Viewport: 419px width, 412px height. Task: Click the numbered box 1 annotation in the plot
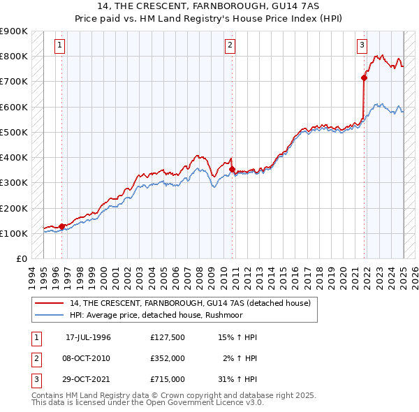coord(60,46)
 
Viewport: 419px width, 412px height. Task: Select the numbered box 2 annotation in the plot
coord(230,46)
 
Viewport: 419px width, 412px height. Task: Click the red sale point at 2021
coord(364,78)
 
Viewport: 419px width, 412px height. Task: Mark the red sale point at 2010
coord(232,169)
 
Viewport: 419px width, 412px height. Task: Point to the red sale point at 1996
coord(62,226)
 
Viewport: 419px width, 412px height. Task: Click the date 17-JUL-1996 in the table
coord(88,337)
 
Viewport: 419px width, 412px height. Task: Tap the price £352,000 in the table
coord(168,358)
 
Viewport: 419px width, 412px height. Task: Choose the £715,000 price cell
coord(168,379)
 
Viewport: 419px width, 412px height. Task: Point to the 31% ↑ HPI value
coord(237,379)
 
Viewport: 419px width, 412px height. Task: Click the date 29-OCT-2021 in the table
coord(88,379)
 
